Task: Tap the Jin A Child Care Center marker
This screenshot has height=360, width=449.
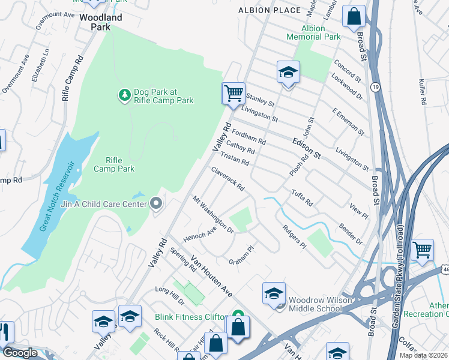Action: [x=157, y=205]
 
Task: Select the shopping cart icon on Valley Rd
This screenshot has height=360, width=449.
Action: [x=233, y=94]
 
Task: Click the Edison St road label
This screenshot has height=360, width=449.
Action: [x=307, y=148]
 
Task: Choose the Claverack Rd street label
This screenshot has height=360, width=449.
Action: [x=228, y=179]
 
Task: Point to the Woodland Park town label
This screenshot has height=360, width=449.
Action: [x=101, y=22]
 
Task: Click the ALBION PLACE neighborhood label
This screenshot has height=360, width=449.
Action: [x=269, y=10]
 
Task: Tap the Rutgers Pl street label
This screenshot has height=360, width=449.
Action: [x=295, y=237]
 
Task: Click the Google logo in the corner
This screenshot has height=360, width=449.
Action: [x=19, y=353]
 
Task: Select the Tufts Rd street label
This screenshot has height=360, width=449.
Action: [x=302, y=198]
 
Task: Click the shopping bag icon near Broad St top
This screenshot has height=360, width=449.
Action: [x=354, y=16]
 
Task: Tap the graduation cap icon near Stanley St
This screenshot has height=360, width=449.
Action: [x=288, y=73]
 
